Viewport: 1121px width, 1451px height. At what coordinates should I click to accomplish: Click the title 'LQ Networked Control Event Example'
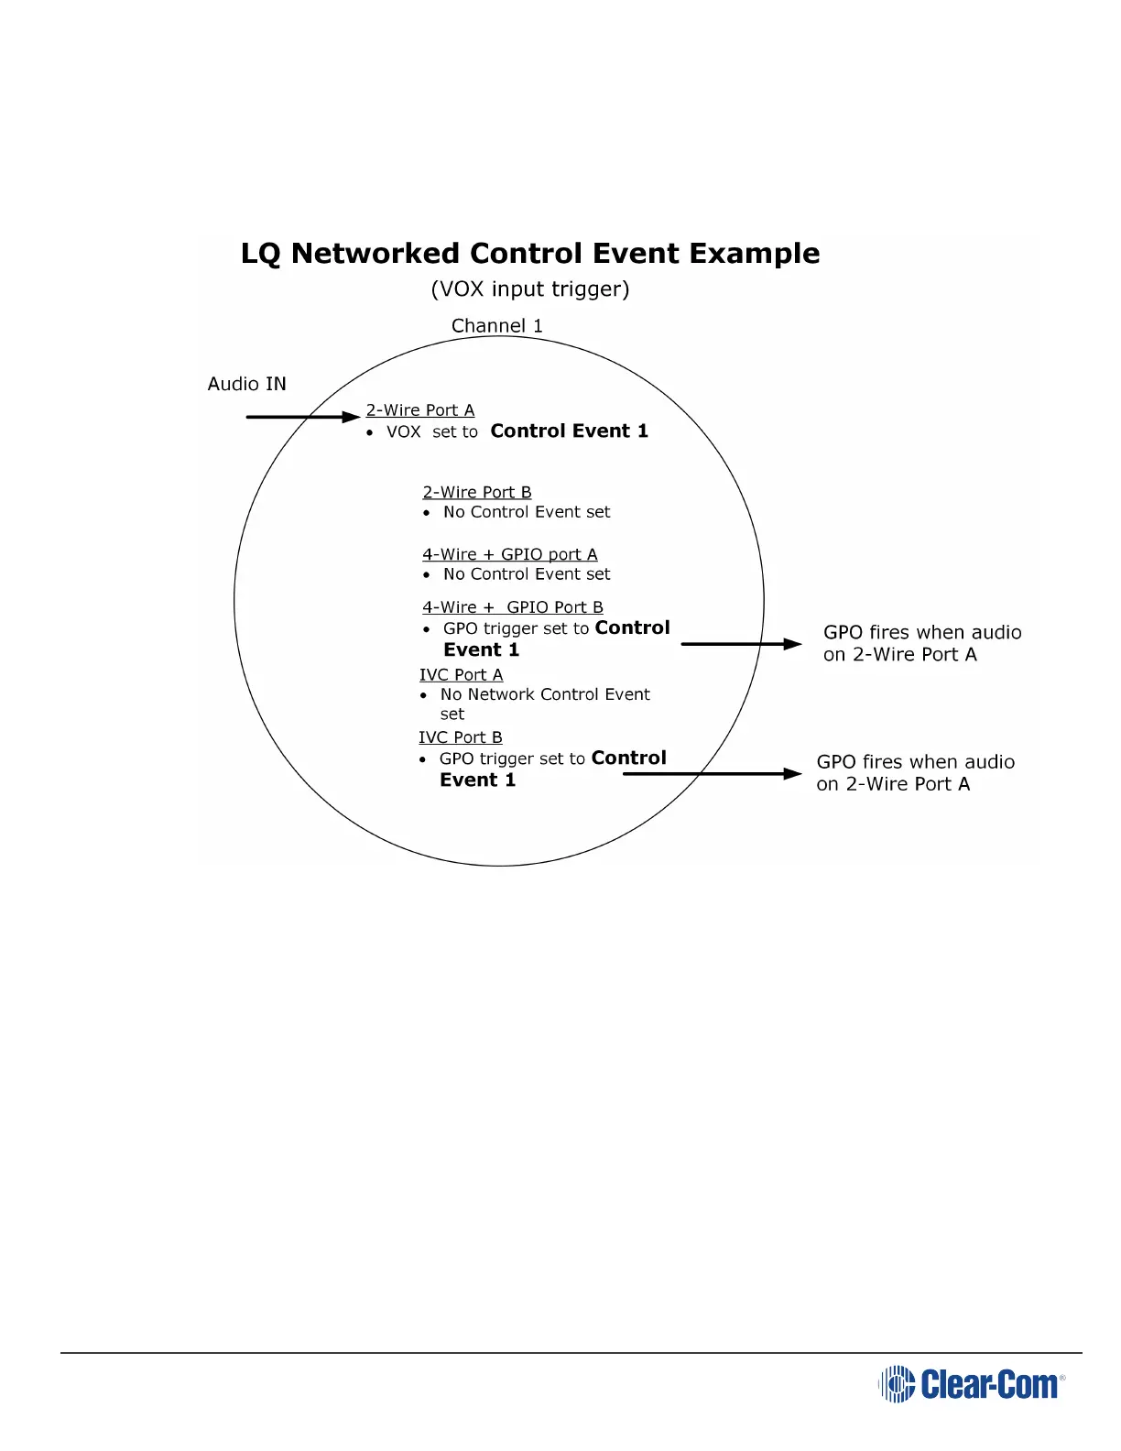pyautogui.click(x=530, y=254)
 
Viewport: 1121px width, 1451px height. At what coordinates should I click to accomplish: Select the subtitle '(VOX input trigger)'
pyautogui.click(x=530, y=289)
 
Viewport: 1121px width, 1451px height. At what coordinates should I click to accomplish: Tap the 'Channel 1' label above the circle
pyautogui.click(x=497, y=326)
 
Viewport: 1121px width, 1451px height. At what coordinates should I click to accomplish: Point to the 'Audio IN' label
pyautogui.click(x=246, y=384)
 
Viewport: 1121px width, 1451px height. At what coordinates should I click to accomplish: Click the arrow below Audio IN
pyautogui.click(x=302, y=417)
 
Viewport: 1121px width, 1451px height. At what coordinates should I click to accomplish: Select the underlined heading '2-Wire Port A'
pyautogui.click(x=420, y=410)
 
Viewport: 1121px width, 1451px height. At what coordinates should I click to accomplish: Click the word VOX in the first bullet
pyautogui.click(x=404, y=432)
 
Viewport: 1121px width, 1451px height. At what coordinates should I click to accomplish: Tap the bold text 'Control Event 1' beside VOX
pyautogui.click(x=569, y=431)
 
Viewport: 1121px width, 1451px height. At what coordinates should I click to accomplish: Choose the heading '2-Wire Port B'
pyautogui.click(x=477, y=493)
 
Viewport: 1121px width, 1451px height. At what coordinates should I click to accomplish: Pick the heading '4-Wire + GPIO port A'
pyautogui.click(x=510, y=555)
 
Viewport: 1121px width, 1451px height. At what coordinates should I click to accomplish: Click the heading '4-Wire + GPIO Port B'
pyautogui.click(x=513, y=608)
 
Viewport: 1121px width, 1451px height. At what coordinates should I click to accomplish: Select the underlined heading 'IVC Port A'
pyautogui.click(x=462, y=675)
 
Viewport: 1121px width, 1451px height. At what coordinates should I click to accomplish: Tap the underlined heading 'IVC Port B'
pyautogui.click(x=461, y=738)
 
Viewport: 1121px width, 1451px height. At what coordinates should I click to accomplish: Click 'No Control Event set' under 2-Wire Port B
pyautogui.click(x=527, y=513)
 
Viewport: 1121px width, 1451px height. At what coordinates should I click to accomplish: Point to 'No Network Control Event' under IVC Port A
pyautogui.click(x=545, y=695)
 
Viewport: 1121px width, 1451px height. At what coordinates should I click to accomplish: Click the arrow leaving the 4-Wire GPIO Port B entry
pyautogui.click(x=741, y=644)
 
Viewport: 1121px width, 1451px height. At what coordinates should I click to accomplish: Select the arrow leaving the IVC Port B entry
pyautogui.click(x=712, y=774)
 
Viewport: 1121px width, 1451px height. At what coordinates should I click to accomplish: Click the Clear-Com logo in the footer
pyautogui.click(x=972, y=1384)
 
